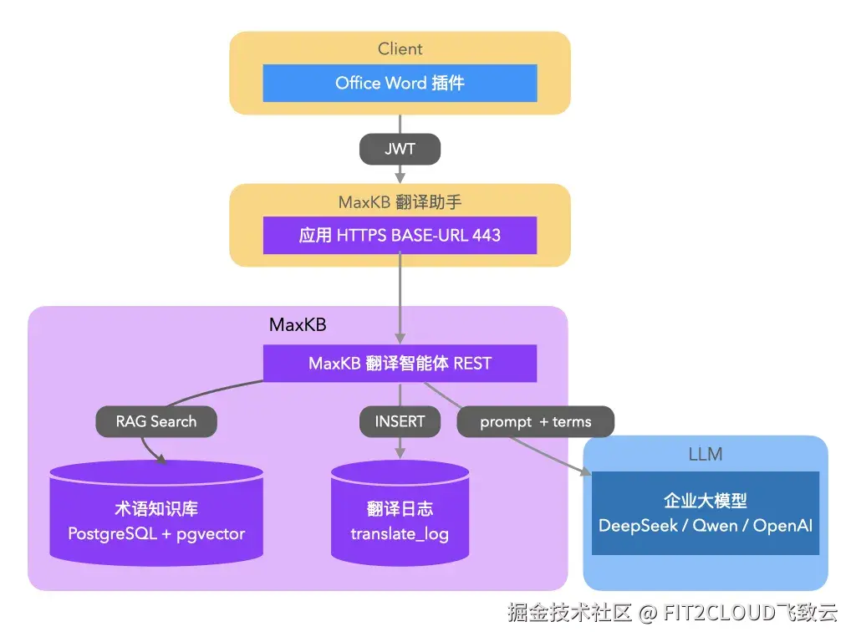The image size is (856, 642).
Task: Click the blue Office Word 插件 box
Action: coord(400,83)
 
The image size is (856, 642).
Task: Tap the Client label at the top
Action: coord(400,48)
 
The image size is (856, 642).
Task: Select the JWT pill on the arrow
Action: coord(400,150)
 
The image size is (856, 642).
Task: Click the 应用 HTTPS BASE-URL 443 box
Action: coord(400,235)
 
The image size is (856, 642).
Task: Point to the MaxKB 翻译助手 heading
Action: coord(400,201)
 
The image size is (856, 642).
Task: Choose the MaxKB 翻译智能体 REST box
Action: coord(400,364)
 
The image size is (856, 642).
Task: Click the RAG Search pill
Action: coord(156,421)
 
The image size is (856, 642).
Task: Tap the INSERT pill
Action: coord(400,421)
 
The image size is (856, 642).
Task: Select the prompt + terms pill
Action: coord(535,422)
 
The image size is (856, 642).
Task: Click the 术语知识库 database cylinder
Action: coord(156,510)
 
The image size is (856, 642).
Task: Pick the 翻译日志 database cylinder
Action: coord(400,510)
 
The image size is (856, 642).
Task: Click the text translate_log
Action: coord(400,534)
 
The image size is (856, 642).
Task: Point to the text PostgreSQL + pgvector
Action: coord(156,534)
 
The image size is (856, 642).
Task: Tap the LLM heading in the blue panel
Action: coord(705,455)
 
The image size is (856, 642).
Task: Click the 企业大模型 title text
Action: coord(705,501)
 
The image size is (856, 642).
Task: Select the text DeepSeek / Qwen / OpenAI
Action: coord(705,526)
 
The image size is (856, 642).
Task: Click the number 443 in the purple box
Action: coord(486,235)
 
